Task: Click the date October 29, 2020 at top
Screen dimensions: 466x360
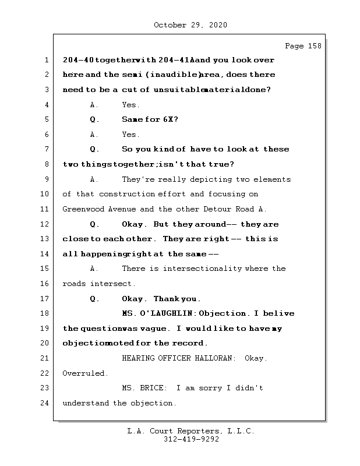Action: pyautogui.click(x=190, y=25)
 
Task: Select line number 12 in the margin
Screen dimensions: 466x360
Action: pyautogui.click(x=47, y=224)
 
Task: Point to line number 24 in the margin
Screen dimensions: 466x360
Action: pyautogui.click(x=47, y=403)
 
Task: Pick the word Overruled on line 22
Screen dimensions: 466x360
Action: pyautogui.click(x=84, y=373)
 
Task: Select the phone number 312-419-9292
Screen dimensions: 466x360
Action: pyautogui.click(x=191, y=440)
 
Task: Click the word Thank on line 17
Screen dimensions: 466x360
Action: pyautogui.click(x=167, y=299)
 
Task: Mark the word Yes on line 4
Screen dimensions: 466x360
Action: pyautogui.click(x=130, y=105)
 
